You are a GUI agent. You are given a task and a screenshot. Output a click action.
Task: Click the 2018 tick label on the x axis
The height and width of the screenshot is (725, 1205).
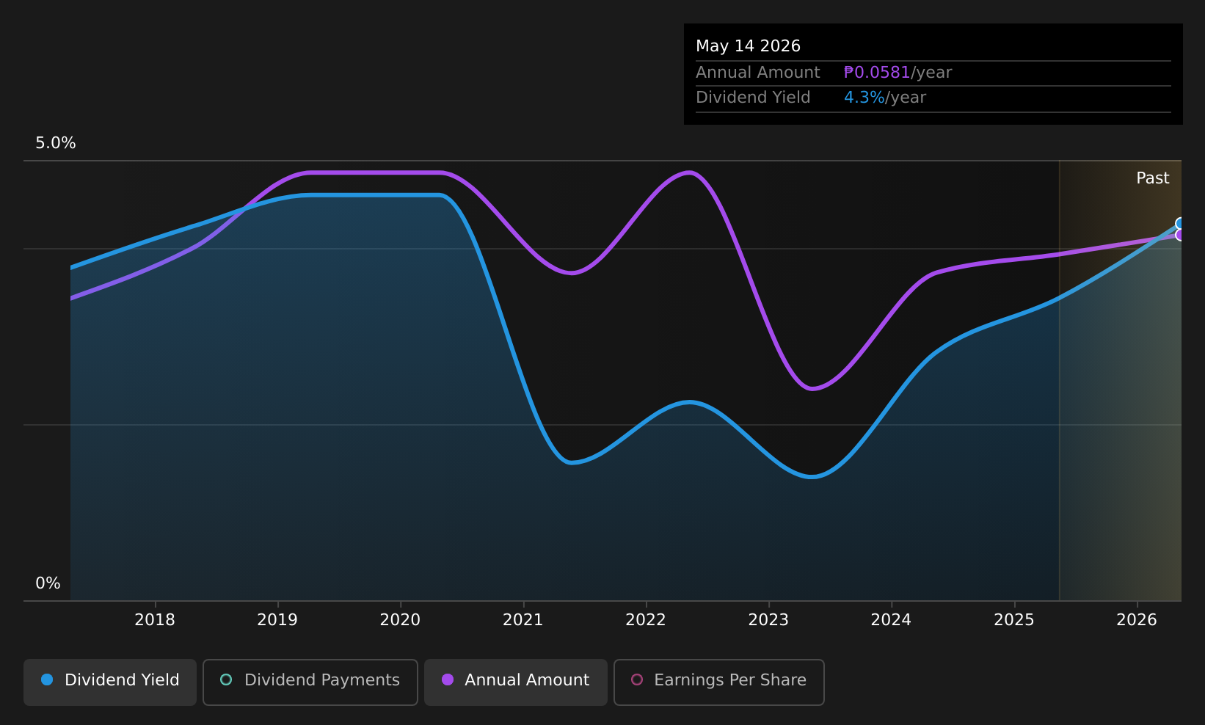pos(154,620)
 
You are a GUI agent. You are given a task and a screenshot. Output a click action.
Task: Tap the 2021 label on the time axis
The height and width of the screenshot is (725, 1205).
pos(523,620)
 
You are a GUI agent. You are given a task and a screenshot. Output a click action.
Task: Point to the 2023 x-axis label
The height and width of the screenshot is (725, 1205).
pos(768,620)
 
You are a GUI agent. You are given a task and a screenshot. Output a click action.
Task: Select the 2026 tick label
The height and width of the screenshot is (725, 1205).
pos(1137,620)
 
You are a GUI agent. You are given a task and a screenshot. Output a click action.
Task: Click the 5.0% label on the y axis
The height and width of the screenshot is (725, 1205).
pos(56,143)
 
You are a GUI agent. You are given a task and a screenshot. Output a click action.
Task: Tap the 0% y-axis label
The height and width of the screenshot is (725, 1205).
pos(48,583)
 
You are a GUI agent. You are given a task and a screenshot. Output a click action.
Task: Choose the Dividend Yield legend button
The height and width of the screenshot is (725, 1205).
pos(110,682)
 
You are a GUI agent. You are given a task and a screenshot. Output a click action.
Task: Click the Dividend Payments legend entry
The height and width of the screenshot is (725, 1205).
pos(310,682)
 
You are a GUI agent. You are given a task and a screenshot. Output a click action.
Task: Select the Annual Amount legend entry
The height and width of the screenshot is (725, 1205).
pos(515,682)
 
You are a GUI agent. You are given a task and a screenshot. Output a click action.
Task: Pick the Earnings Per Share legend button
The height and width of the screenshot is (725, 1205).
pos(718,682)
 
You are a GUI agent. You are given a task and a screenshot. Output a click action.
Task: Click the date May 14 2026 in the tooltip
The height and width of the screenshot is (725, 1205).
pos(748,46)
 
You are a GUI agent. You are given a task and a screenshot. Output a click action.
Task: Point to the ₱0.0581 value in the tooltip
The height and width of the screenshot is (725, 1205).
pos(876,72)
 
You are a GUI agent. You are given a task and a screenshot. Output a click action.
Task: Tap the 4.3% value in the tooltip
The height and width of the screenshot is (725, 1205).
pos(864,98)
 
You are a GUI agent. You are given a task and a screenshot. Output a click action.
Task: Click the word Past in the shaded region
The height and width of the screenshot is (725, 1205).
pos(1152,178)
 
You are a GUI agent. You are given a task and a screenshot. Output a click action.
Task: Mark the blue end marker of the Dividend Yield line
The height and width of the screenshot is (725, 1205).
pos(1180,223)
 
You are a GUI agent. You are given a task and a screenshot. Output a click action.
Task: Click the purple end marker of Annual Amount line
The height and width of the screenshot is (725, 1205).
pos(1180,235)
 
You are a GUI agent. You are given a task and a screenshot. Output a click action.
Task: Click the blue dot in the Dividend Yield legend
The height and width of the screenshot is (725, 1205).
pos(47,680)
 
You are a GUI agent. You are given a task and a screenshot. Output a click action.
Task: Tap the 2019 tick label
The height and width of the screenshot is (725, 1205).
pos(277,620)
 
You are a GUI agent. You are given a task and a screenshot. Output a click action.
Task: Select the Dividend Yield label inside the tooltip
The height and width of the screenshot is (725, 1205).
pos(753,98)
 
